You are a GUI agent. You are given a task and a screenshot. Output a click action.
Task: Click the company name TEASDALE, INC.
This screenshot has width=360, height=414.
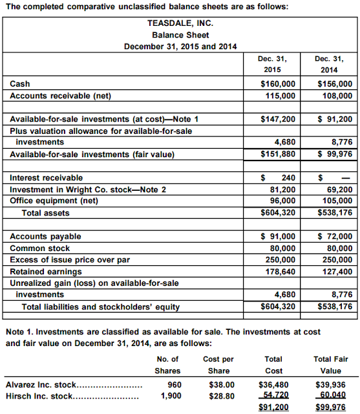pos(180,23)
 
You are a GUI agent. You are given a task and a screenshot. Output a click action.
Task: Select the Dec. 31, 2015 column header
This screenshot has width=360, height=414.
pos(272,63)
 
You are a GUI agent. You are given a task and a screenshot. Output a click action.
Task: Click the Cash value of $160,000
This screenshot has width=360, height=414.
pos(278,84)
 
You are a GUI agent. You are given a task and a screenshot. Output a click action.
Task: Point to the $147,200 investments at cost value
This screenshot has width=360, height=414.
pos(278,119)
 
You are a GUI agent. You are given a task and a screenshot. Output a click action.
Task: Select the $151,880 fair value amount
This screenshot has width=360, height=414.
pos(278,154)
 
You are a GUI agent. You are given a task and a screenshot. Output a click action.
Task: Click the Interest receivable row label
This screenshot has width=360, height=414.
pos(47,178)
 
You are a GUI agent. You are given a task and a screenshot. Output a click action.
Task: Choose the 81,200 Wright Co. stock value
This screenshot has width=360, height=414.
pos(282,190)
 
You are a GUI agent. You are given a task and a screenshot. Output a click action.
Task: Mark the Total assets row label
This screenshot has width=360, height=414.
pos(46,213)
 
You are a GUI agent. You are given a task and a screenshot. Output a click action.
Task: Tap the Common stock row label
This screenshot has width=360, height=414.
pos(40,248)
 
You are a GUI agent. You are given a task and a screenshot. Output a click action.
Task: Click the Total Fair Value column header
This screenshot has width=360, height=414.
pos(331,365)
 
